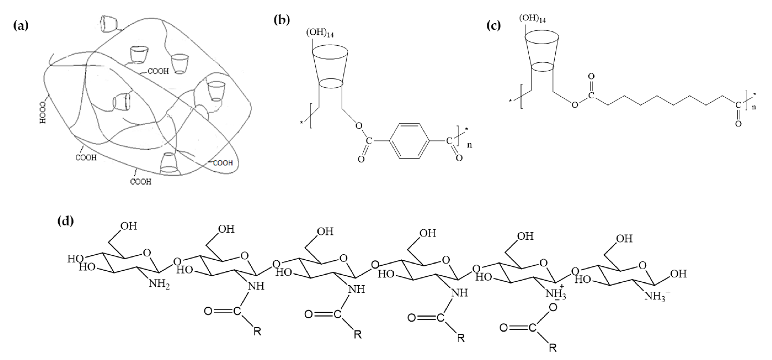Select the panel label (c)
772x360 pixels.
coord(493,26)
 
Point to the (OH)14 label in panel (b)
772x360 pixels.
coord(320,33)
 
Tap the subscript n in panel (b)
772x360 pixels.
coord(470,145)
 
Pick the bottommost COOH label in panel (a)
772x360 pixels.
coord(141,182)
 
